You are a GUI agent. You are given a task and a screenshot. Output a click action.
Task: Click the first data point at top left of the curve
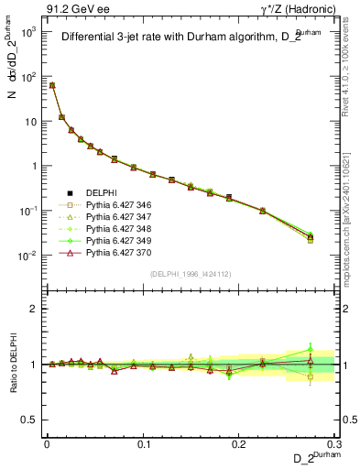click(x=51, y=85)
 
